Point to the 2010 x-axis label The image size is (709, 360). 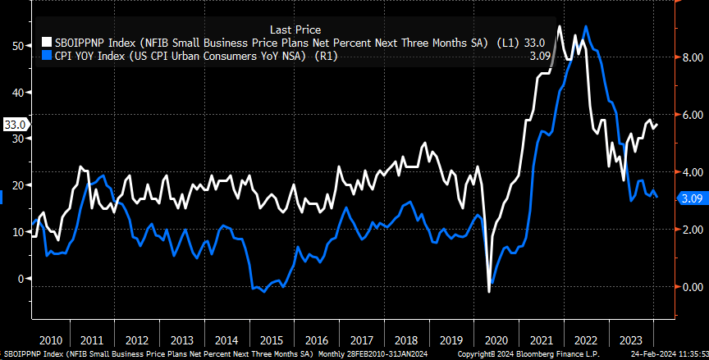[x=51, y=339]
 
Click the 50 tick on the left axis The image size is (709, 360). [x=16, y=47]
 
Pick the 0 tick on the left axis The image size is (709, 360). [x=20, y=279]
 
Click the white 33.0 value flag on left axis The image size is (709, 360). [x=15, y=125]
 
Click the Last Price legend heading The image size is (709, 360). [x=295, y=28]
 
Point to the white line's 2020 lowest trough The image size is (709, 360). [x=489, y=291]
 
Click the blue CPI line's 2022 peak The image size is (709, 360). [x=585, y=26]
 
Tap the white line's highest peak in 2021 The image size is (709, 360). [x=559, y=26]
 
